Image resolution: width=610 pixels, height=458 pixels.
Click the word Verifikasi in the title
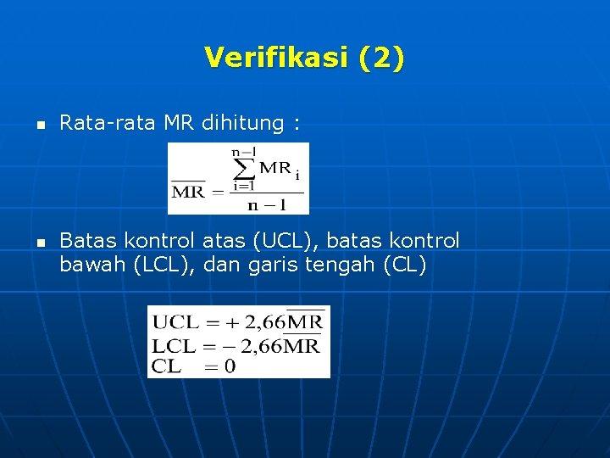[x=276, y=58]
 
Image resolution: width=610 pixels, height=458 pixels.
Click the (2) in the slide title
[x=381, y=58]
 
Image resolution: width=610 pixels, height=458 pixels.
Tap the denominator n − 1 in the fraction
[x=266, y=204]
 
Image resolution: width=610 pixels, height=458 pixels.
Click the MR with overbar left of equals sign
[x=188, y=191]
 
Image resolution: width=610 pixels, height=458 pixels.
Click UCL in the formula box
[x=174, y=323]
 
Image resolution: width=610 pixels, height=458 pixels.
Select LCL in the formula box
[x=173, y=345]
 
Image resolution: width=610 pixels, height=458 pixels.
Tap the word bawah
[x=94, y=265]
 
